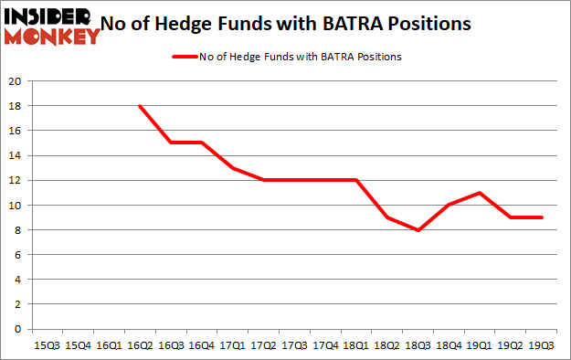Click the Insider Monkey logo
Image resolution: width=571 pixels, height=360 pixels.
[51, 26]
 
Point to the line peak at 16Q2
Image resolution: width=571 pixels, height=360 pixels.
[140, 106]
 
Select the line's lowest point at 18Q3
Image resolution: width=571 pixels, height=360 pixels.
[418, 230]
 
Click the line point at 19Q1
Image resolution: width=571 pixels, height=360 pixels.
[481, 193]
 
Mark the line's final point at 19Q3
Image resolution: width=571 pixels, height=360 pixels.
[543, 217]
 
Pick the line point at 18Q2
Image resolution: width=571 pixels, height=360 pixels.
[387, 217]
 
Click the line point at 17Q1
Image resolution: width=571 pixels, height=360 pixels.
[232, 168]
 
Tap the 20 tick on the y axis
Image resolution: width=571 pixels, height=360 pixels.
[16, 81]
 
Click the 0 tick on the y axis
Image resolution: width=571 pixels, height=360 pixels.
[18, 329]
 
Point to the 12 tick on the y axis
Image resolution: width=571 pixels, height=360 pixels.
[16, 180]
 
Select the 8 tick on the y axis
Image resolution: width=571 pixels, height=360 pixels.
[18, 230]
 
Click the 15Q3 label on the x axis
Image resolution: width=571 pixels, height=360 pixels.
[47, 345]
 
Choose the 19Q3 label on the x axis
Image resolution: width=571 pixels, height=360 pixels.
[543, 345]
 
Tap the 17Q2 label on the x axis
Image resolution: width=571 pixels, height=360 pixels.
[263, 345]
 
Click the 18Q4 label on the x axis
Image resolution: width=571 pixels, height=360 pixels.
[449, 345]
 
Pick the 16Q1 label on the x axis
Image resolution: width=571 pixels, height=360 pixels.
[109, 345]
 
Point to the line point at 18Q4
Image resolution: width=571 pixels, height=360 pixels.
[449, 205]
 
